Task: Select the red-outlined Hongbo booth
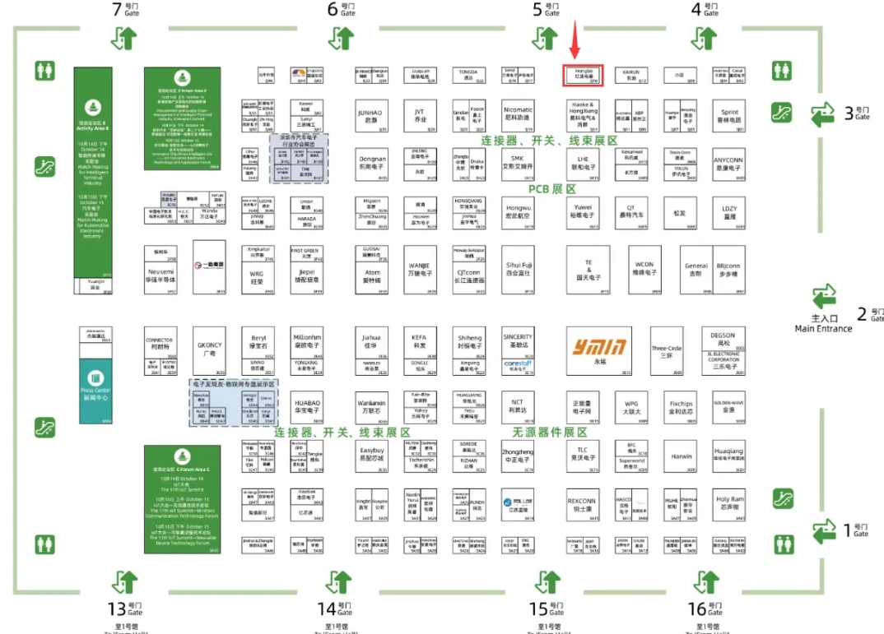(x=583, y=76)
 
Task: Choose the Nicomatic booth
(x=518, y=116)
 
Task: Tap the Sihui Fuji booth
(x=519, y=269)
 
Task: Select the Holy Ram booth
(x=729, y=503)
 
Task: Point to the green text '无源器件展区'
(x=550, y=432)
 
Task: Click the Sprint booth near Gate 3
(x=729, y=116)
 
